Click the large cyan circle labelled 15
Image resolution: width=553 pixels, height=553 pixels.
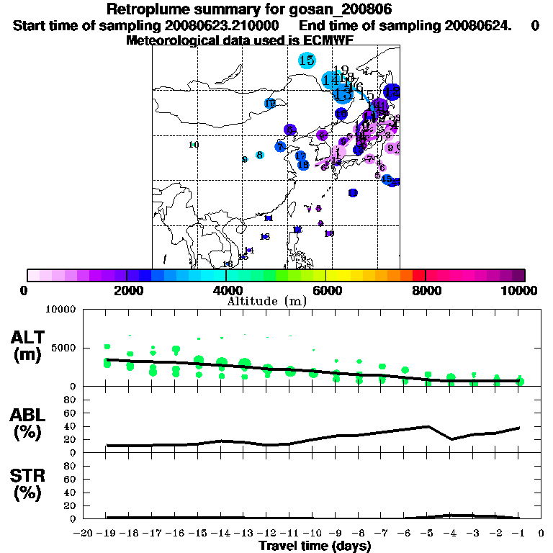pyautogui.click(x=307, y=60)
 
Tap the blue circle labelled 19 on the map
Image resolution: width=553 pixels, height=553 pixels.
pyautogui.click(x=270, y=104)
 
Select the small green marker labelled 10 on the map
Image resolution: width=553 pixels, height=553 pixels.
pyautogui.click(x=194, y=145)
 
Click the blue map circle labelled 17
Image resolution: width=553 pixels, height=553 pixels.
pyautogui.click(x=300, y=156)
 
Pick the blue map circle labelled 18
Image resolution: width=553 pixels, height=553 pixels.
pyautogui.click(x=303, y=165)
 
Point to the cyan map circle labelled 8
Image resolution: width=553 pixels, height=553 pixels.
pyautogui.click(x=259, y=155)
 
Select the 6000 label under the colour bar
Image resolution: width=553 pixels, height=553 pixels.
pyautogui.click(x=326, y=290)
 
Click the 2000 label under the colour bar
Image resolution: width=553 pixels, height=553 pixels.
pyautogui.click(x=126, y=290)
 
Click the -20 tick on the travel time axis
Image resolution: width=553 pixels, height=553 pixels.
pyautogui.click(x=84, y=534)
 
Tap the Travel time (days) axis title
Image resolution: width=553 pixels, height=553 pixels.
pyautogui.click(x=315, y=547)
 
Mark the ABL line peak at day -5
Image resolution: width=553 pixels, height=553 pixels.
pyautogui.click(x=428, y=426)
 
